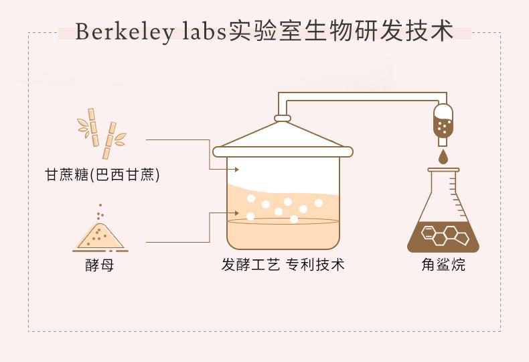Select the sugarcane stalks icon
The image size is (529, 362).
point(101,133)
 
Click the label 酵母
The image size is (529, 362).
point(99,265)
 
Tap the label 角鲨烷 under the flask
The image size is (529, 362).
point(443,265)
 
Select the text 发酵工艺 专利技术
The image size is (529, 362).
point(283,265)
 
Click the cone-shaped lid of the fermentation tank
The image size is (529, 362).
point(283,136)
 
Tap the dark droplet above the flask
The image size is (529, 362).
point(443,158)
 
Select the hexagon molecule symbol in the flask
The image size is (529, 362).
point(443,235)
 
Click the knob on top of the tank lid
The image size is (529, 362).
point(283,119)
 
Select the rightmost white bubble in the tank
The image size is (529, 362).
point(319,203)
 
